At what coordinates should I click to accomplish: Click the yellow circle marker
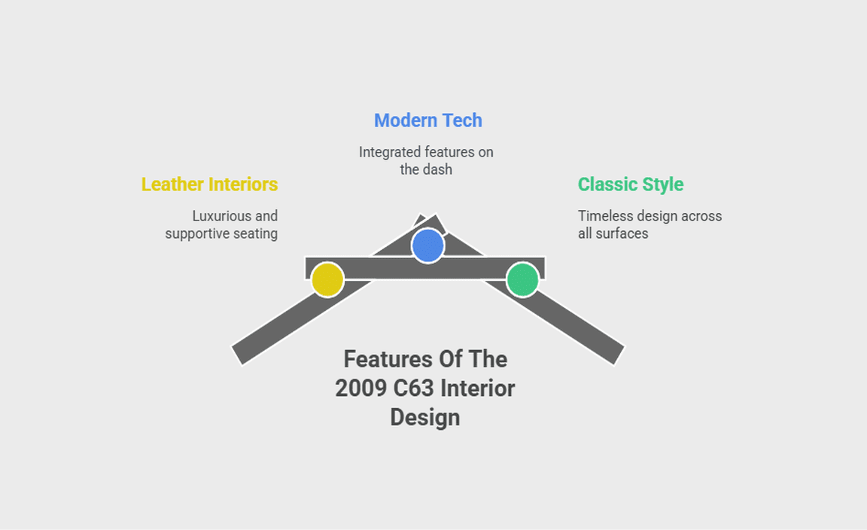coord(327,279)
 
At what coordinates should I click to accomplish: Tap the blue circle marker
coord(428,245)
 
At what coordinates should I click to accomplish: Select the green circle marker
coord(522,279)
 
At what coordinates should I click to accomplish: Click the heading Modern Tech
coord(428,120)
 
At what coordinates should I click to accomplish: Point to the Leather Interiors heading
coord(209,184)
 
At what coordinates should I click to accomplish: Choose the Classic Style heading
coord(631,184)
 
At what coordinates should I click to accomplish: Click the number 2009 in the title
coord(361,388)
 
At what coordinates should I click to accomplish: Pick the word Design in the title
coord(425,418)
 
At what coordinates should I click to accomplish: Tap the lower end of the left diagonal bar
coord(237,355)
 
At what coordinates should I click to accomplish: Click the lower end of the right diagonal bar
coord(619,355)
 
